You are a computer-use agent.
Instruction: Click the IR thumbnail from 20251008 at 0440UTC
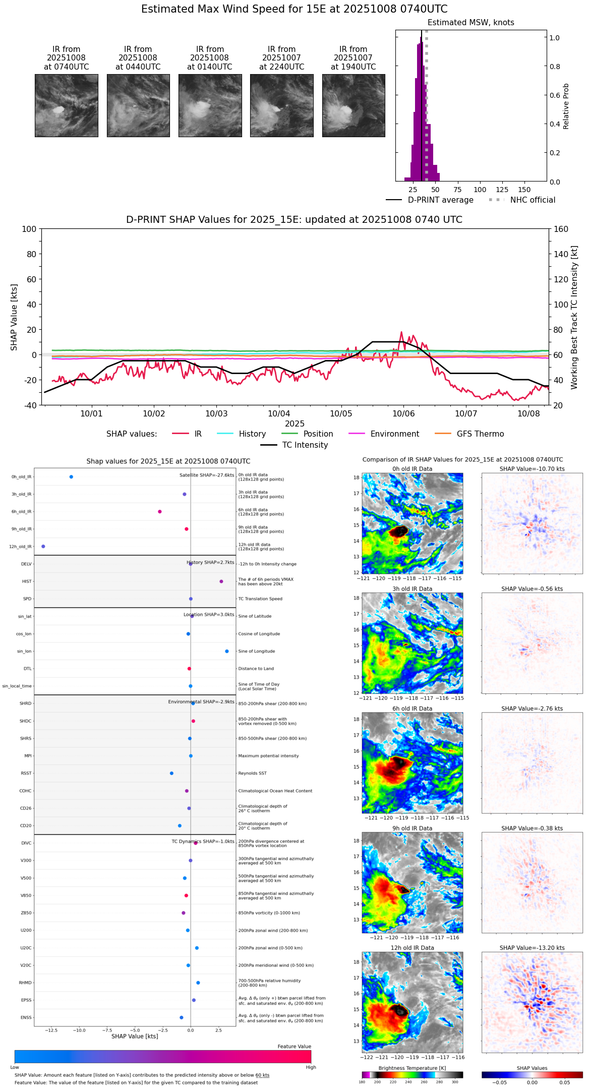[x=138, y=105]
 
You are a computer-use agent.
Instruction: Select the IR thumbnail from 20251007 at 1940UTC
[x=354, y=105]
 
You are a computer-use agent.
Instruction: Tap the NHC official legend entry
[x=532, y=200]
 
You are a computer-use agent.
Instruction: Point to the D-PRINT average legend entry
[x=440, y=200]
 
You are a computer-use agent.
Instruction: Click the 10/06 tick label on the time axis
[x=403, y=414]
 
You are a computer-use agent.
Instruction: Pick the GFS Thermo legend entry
[x=480, y=434]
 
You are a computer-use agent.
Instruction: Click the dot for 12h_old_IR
[x=43, y=547]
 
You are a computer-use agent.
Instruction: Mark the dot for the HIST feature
[x=221, y=581]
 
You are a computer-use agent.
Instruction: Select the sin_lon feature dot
[x=227, y=651]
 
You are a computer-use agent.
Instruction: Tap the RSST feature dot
[x=172, y=773]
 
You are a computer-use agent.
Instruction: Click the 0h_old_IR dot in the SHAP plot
[x=71, y=477]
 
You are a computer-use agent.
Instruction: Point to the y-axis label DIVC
[x=26, y=843]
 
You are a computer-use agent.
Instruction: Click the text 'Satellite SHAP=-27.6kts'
[x=207, y=475]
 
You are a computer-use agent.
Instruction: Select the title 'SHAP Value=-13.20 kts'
[x=532, y=948]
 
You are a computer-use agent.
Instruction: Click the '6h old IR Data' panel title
[x=412, y=708]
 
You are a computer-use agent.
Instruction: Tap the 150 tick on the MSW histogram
[x=524, y=190]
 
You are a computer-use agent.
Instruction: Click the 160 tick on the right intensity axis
[x=561, y=229]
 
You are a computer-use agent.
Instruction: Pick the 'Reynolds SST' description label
[x=252, y=773]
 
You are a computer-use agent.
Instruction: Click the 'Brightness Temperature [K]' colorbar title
[x=412, y=1068]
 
